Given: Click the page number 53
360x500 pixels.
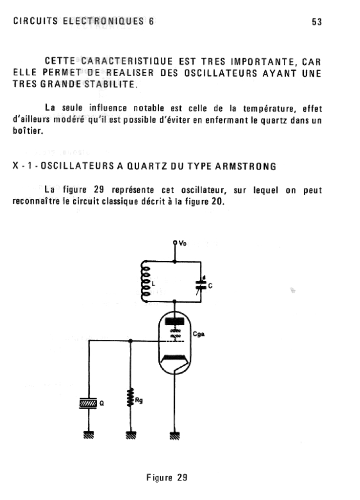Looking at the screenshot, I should [x=317, y=21].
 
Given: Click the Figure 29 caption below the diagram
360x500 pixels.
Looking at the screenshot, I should [x=167, y=478].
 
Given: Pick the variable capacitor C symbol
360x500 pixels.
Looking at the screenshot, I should [x=199, y=286].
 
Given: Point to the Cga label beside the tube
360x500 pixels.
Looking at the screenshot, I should [x=199, y=334].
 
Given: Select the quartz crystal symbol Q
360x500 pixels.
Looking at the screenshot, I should [x=88, y=403].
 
